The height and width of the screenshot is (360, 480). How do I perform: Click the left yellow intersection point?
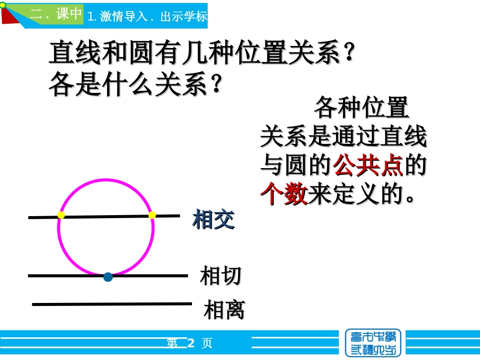point(61,215)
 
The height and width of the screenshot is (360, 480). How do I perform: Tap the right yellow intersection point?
point(152,215)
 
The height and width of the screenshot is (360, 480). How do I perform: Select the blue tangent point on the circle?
point(108,276)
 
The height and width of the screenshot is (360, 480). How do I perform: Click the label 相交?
point(213,220)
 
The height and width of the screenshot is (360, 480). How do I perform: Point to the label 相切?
point(220,276)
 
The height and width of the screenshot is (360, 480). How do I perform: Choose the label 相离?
point(224,310)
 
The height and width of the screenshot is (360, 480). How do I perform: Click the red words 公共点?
point(368,165)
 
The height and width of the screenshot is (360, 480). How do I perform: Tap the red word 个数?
point(284,193)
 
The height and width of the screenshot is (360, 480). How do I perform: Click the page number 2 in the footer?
point(190,344)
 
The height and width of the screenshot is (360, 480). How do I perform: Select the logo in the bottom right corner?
point(373,343)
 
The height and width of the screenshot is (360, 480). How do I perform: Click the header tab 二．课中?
point(56,14)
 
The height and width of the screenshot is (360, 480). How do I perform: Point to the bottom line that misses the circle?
point(112,304)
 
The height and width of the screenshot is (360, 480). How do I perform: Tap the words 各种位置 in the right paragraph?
point(361,108)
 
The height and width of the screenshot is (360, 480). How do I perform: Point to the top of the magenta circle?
point(106,180)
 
